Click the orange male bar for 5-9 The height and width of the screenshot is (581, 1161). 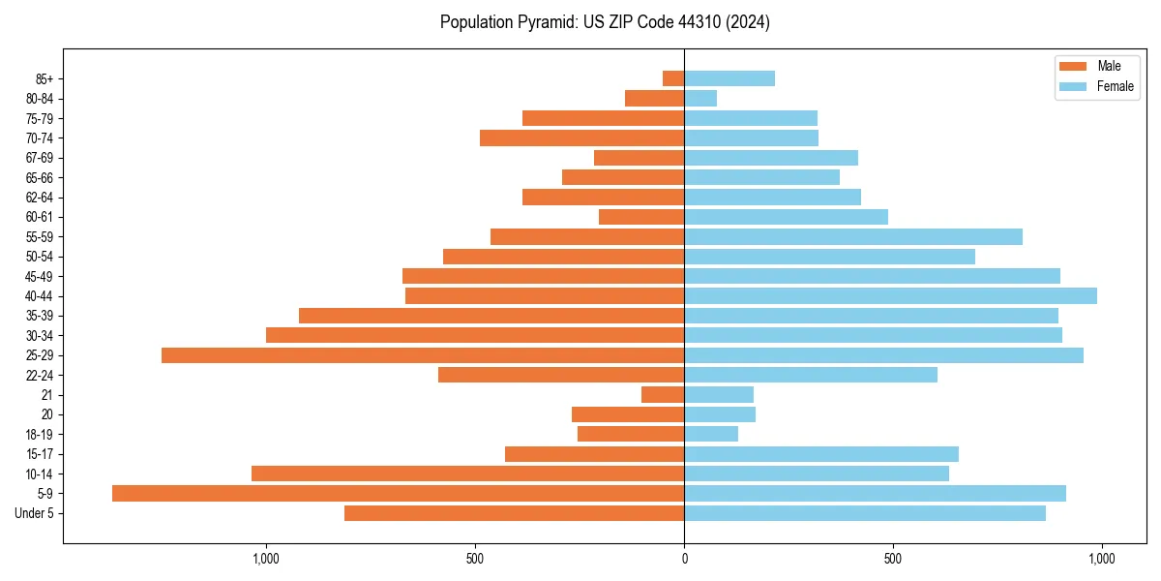pos(398,493)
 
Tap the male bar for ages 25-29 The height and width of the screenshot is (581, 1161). pos(423,355)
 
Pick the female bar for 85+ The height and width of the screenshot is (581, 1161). pos(729,78)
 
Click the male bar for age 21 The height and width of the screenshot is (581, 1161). pos(663,394)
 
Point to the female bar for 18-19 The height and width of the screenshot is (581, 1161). pos(711,434)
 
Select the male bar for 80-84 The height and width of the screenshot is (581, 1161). pos(654,98)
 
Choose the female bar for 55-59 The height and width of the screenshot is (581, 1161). pos(853,236)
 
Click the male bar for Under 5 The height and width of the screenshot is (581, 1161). pos(514,513)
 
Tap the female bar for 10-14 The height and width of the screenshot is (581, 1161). pos(817,474)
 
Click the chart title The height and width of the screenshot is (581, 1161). pos(605,22)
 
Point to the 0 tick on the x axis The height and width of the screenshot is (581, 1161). pos(684,559)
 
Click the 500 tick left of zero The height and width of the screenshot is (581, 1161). pos(474,559)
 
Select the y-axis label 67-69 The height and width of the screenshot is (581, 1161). pos(39,158)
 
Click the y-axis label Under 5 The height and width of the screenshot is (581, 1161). pos(35,513)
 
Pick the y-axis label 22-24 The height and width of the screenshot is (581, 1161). pos(39,375)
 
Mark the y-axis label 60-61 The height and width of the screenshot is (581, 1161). pos(39,217)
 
